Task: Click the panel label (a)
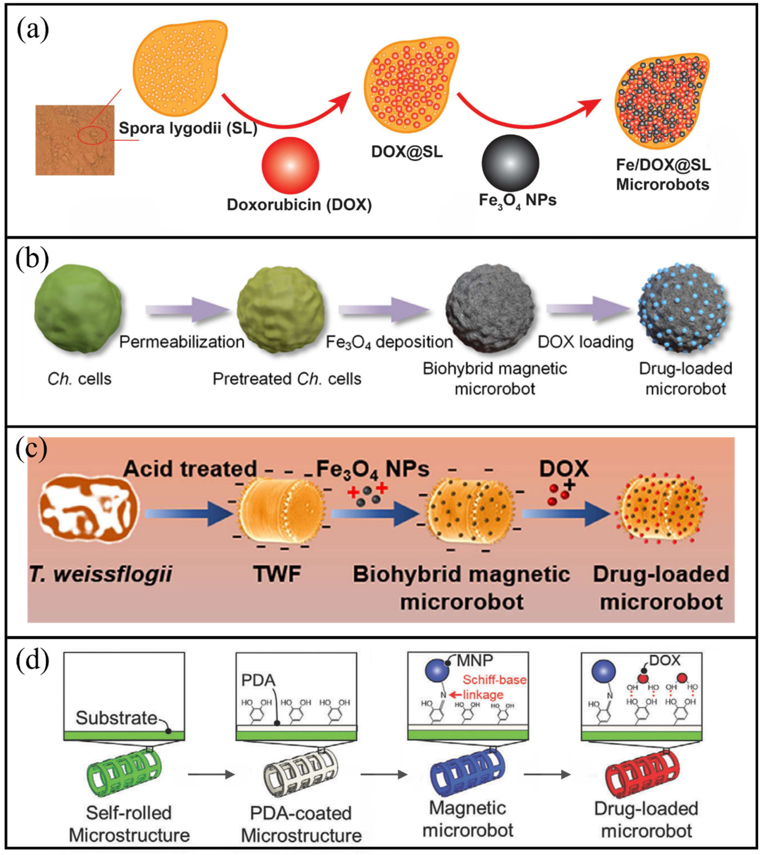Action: [33, 31]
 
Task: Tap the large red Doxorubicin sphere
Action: [290, 165]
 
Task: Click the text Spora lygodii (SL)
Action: [188, 128]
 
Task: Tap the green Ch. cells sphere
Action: [78, 309]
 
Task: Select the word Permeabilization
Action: [182, 342]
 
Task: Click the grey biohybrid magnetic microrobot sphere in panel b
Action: [490, 309]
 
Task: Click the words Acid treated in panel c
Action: [190, 468]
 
